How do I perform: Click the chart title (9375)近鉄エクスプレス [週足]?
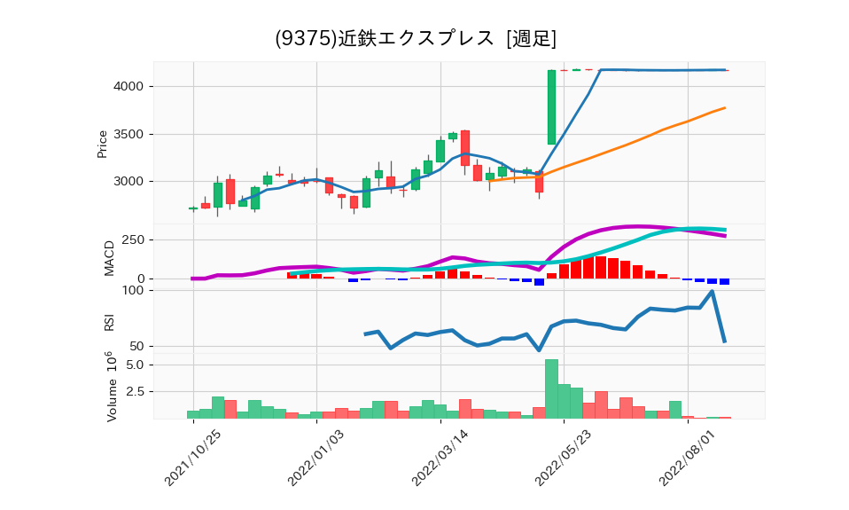click(415, 39)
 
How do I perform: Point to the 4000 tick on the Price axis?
click(129, 86)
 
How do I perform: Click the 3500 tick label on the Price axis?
click(129, 134)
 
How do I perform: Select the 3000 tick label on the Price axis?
click(129, 182)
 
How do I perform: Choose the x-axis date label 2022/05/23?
click(563, 458)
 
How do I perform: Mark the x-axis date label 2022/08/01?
click(687, 458)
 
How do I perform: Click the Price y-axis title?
click(102, 144)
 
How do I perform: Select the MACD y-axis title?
click(110, 257)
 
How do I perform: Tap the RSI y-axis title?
click(110, 321)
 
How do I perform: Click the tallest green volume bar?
click(551, 388)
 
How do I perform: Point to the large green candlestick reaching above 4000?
click(551, 106)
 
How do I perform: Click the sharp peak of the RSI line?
click(713, 292)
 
